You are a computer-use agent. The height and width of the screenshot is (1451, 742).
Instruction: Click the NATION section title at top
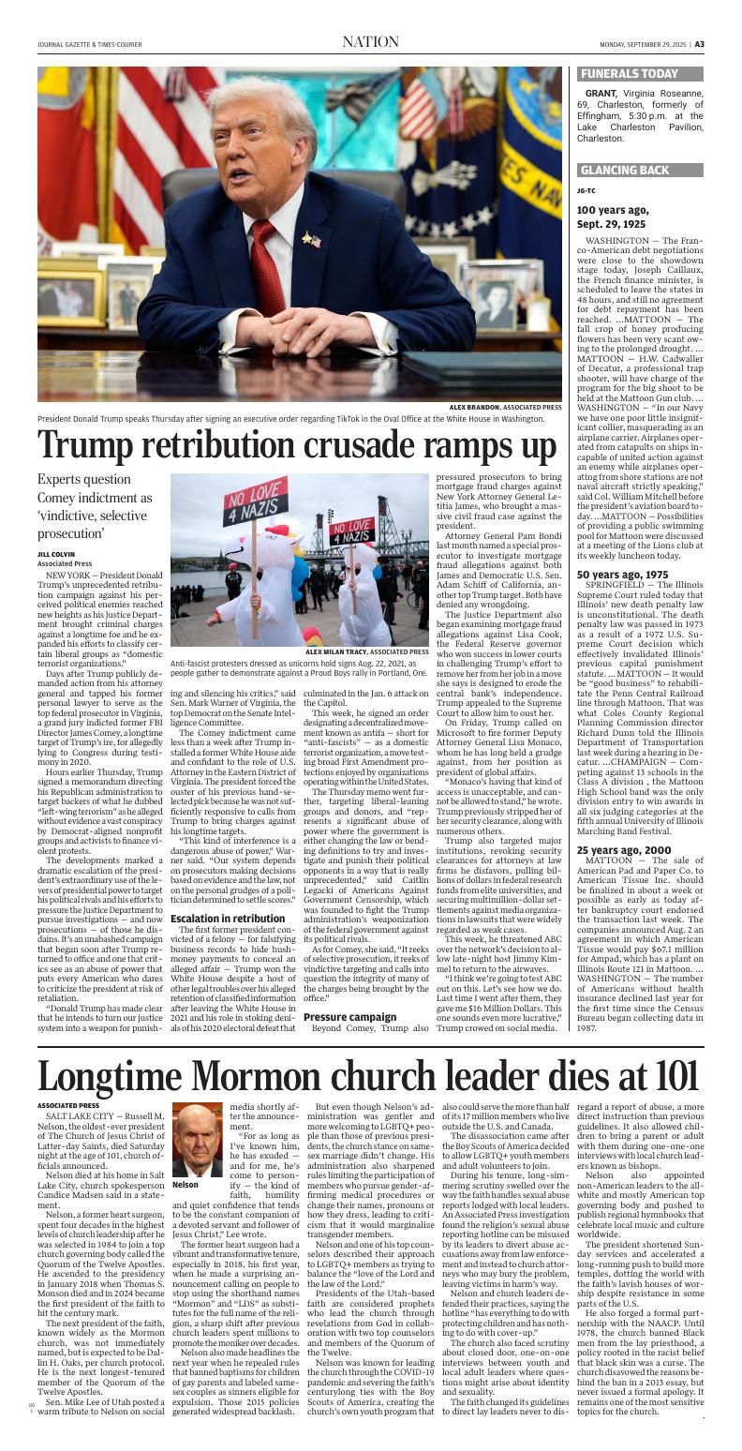click(370, 42)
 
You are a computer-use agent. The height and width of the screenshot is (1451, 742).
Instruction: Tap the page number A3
click(699, 43)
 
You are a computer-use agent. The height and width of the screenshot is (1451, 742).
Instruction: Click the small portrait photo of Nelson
click(198, 1140)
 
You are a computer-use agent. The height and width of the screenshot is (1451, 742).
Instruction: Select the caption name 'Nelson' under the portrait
click(185, 1185)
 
